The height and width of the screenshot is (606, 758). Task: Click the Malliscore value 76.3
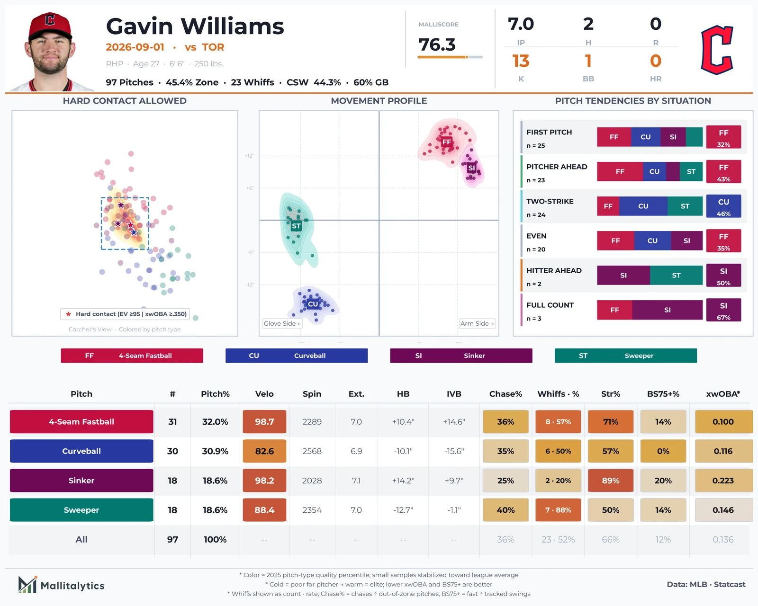click(x=437, y=45)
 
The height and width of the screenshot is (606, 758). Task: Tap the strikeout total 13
click(x=521, y=61)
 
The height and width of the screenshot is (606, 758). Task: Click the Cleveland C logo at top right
click(x=717, y=50)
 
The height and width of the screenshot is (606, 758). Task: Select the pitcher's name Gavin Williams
click(x=195, y=26)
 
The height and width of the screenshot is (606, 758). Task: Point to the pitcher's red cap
click(x=50, y=26)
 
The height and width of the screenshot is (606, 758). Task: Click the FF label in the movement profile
click(x=447, y=142)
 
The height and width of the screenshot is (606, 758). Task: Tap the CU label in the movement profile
click(x=313, y=304)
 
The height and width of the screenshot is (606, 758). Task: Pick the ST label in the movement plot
click(x=296, y=226)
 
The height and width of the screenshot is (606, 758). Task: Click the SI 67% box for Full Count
click(x=723, y=310)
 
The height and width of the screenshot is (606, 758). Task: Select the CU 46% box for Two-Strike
click(x=723, y=206)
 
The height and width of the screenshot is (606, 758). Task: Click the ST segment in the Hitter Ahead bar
click(x=676, y=276)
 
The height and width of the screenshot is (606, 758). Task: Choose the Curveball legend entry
click(x=296, y=356)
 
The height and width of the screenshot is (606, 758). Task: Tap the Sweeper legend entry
click(x=625, y=356)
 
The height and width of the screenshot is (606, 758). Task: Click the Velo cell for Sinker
click(x=264, y=480)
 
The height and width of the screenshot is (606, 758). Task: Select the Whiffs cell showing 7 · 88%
click(x=558, y=510)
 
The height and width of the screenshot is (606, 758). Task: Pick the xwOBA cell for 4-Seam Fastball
click(x=723, y=421)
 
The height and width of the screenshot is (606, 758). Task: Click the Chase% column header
click(x=505, y=394)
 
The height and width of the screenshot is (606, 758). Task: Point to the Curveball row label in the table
click(x=81, y=451)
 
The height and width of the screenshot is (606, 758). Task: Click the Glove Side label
click(x=282, y=323)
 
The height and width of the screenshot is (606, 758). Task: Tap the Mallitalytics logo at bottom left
click(x=61, y=585)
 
